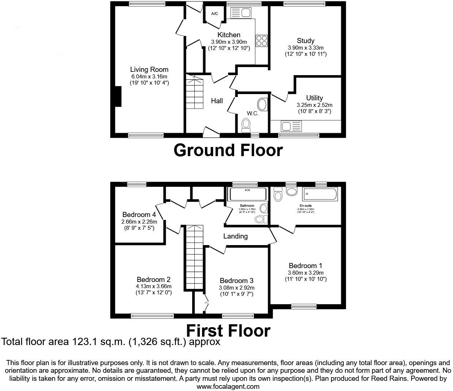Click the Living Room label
[x=149, y=69]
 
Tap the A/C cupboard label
[x=214, y=14]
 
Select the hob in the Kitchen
[x=262, y=40]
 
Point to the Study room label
[x=305, y=40]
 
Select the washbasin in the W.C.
[x=262, y=105]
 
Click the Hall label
[x=217, y=101]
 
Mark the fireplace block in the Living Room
[x=118, y=97]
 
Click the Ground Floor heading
[x=228, y=150]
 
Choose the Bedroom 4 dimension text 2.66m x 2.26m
[x=139, y=222]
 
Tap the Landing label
[x=235, y=236]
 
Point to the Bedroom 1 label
[x=305, y=266]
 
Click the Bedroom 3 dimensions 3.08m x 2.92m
[x=236, y=288]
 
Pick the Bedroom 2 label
[x=153, y=279]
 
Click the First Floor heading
[x=228, y=330]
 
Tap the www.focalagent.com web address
[x=228, y=386]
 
